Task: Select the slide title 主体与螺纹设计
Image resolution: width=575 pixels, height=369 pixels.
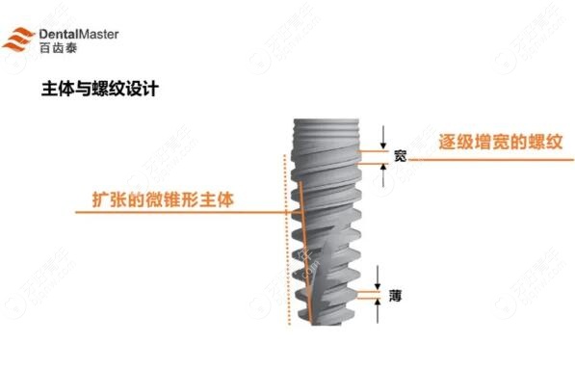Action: (x=95, y=89)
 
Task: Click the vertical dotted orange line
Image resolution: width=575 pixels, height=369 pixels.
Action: (x=281, y=241)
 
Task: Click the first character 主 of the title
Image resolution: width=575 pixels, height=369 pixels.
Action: (x=53, y=89)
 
